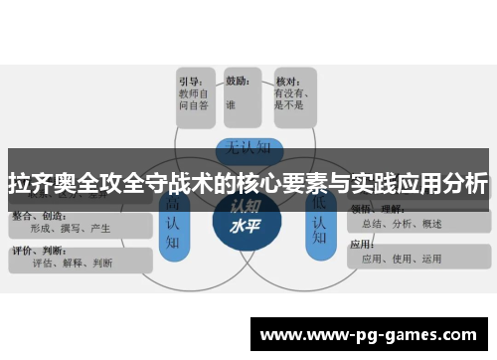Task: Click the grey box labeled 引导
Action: pos(197,96)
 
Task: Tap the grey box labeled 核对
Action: pos(293,96)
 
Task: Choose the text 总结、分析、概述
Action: pos(402,223)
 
